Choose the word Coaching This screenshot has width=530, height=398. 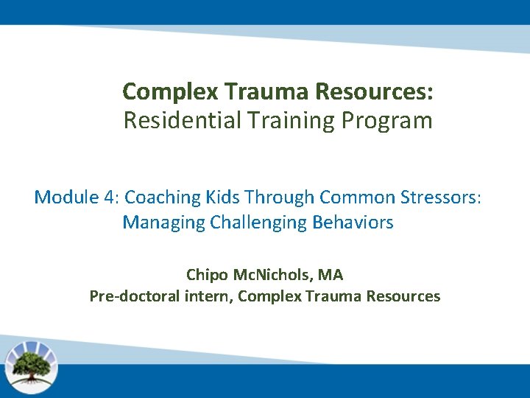162,197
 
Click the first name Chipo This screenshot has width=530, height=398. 207,275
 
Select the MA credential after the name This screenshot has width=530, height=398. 331,275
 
